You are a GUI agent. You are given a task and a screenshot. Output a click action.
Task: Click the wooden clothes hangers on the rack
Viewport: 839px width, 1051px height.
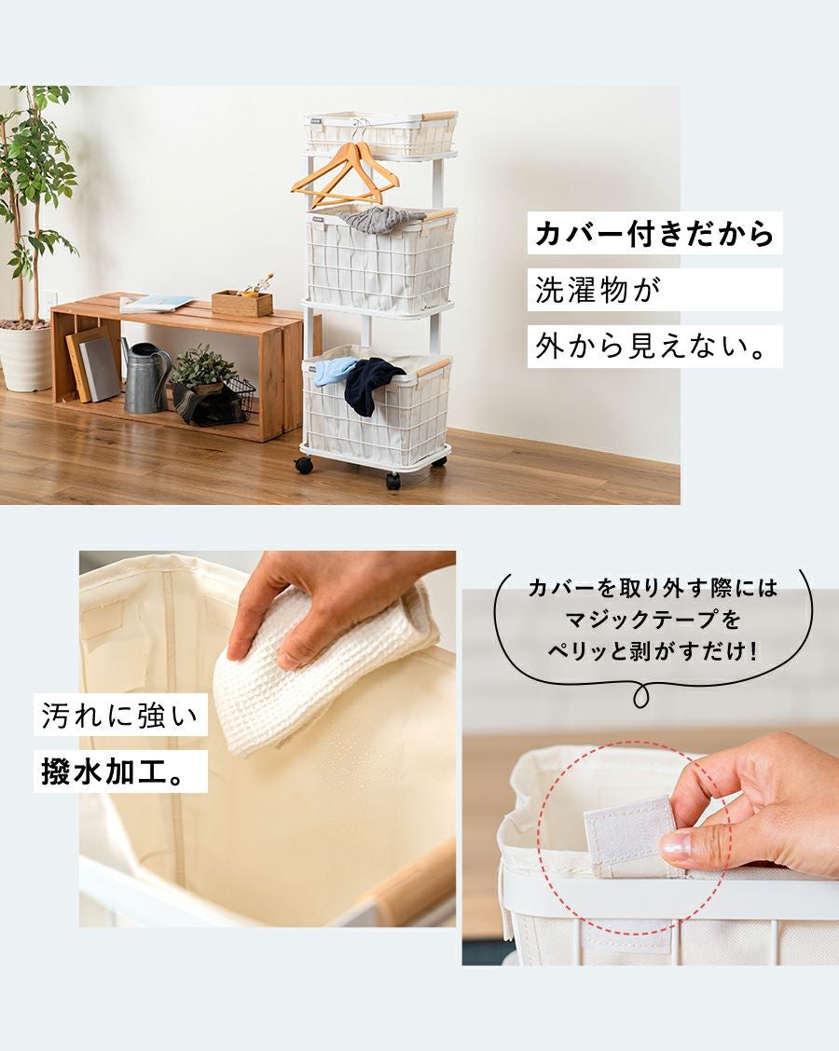click(345, 176)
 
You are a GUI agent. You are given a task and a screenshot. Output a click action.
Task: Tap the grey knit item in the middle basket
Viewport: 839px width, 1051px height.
click(381, 219)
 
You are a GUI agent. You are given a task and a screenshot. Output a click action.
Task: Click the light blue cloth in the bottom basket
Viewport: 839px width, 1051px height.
click(334, 371)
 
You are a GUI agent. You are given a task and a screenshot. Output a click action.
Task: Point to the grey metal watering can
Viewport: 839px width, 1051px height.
click(146, 378)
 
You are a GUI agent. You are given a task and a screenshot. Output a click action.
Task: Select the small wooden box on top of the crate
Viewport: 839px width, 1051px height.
click(242, 304)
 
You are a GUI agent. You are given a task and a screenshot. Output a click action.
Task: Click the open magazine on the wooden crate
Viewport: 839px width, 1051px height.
click(157, 304)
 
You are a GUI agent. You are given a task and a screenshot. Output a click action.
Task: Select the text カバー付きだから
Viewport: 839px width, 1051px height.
click(654, 233)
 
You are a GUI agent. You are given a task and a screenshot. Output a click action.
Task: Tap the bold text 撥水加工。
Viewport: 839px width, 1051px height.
click(113, 771)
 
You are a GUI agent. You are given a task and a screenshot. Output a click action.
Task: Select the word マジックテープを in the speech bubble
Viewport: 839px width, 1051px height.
click(653, 619)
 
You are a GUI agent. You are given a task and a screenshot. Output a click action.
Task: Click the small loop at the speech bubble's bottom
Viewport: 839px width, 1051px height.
click(641, 696)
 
